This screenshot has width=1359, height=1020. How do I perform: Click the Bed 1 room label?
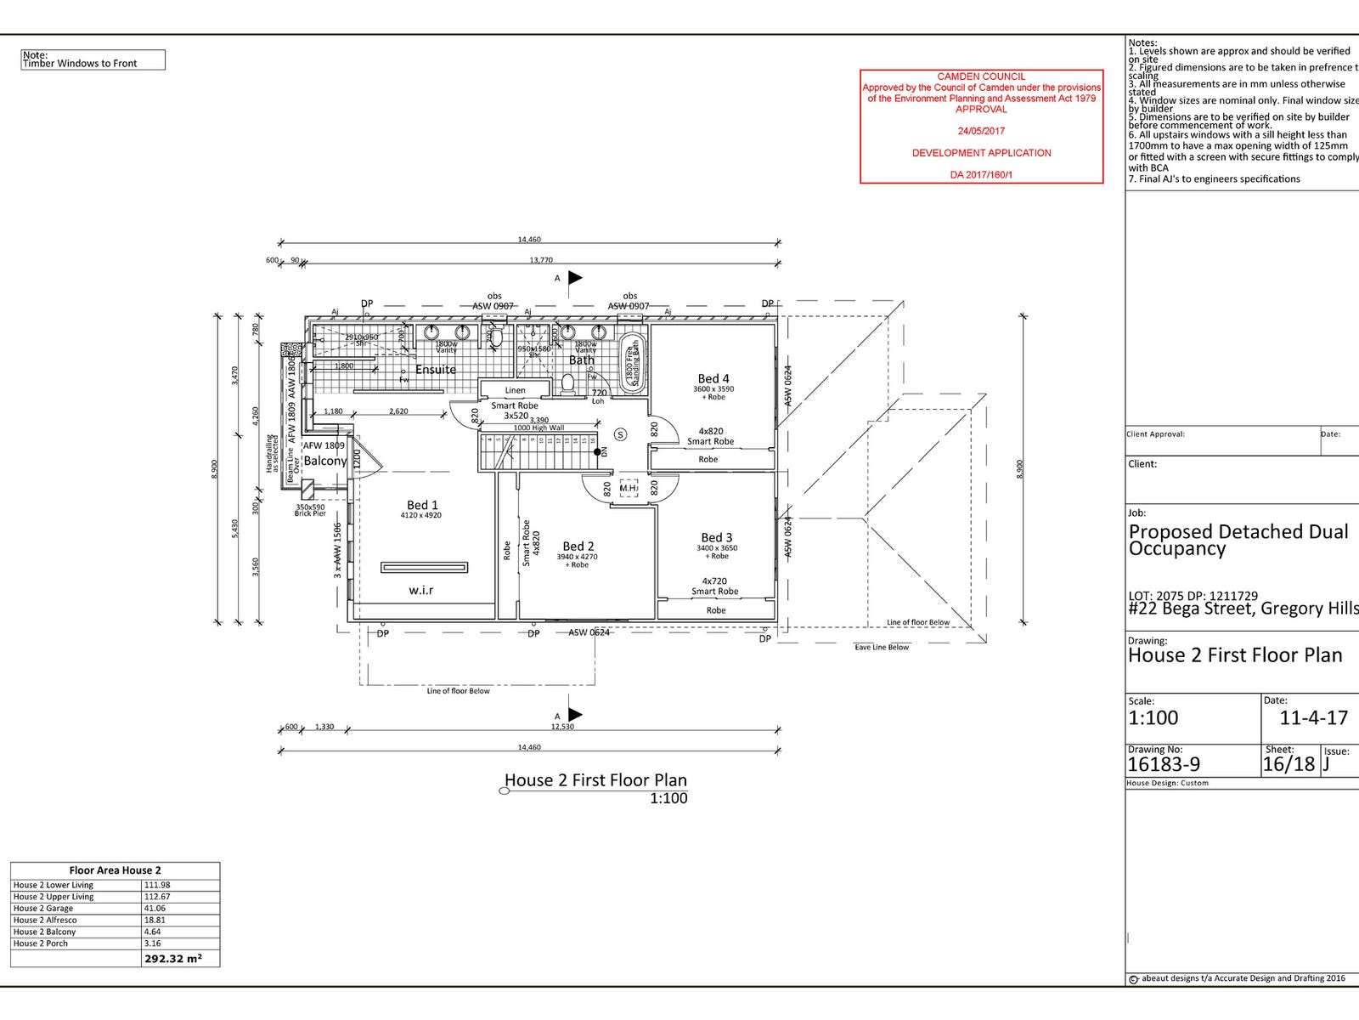click(x=422, y=505)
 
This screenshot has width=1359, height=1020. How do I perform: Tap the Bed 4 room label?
click(x=713, y=378)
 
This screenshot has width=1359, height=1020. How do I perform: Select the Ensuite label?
click(x=436, y=369)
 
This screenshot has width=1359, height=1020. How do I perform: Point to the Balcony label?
click(x=325, y=461)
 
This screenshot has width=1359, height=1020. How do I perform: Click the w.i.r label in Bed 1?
click(x=421, y=590)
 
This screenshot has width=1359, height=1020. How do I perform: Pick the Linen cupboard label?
click(x=515, y=390)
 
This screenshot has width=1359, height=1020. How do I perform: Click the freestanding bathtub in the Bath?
click(x=631, y=363)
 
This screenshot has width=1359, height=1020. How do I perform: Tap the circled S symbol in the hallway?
click(x=620, y=434)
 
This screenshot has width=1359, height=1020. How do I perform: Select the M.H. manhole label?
click(x=629, y=488)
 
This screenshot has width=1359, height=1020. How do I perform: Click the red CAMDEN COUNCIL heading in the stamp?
click(x=981, y=76)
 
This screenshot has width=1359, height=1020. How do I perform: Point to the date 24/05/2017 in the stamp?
click(x=981, y=131)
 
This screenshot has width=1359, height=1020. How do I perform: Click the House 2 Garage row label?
click(x=43, y=909)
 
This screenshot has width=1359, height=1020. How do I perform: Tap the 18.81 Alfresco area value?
click(x=155, y=920)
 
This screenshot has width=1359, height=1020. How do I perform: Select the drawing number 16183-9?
click(x=1164, y=764)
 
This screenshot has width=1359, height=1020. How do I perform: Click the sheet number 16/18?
click(x=1289, y=764)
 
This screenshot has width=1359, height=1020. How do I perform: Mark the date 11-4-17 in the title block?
click(x=1314, y=717)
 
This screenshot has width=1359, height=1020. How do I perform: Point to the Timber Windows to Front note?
click(x=80, y=63)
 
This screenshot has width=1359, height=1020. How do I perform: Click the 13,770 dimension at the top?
click(x=541, y=260)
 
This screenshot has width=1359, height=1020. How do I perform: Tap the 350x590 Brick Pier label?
click(x=310, y=510)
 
